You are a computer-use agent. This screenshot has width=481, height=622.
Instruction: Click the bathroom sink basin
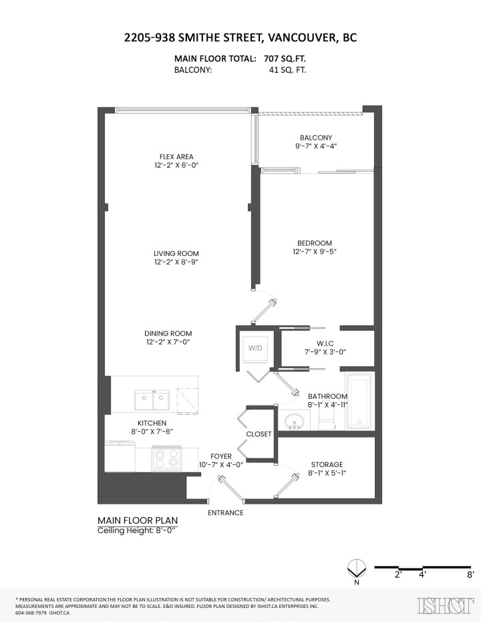(x=294, y=422)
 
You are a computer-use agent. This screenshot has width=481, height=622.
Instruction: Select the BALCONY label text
(x=316, y=138)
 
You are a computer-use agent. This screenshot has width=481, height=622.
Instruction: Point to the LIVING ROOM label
(x=176, y=253)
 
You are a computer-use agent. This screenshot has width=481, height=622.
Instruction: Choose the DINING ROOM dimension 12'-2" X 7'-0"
(x=168, y=343)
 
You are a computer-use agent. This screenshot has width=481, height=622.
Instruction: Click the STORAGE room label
(x=327, y=464)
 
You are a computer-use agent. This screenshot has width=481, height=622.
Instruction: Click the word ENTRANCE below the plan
(x=225, y=512)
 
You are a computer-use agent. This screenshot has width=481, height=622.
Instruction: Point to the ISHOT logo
(x=442, y=605)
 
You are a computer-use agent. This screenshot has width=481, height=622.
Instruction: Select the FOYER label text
(x=220, y=456)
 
